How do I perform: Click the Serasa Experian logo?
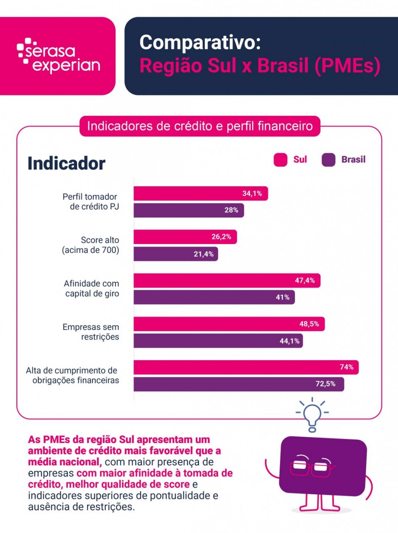tap(58, 56)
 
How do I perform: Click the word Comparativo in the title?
tap(200, 43)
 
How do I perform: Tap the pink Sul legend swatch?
tap(280, 160)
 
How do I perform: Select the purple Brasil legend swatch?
tap(328, 160)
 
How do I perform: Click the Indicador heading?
tap(67, 163)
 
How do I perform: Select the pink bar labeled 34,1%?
tap(201, 194)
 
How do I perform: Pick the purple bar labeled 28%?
tap(189, 210)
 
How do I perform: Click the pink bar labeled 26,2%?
tap(185, 237)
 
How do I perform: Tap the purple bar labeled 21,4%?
tap(176, 254)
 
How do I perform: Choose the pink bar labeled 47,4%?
tap(227, 281)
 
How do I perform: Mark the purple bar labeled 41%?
tap(214, 297)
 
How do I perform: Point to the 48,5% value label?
tap(309, 324)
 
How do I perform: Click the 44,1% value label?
tap(289, 341)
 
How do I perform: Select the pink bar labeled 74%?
tap(246, 367)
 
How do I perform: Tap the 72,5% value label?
tap(326, 384)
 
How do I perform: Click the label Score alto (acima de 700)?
tap(90, 245)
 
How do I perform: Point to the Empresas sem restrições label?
tap(91, 332)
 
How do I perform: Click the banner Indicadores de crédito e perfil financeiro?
tap(200, 126)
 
